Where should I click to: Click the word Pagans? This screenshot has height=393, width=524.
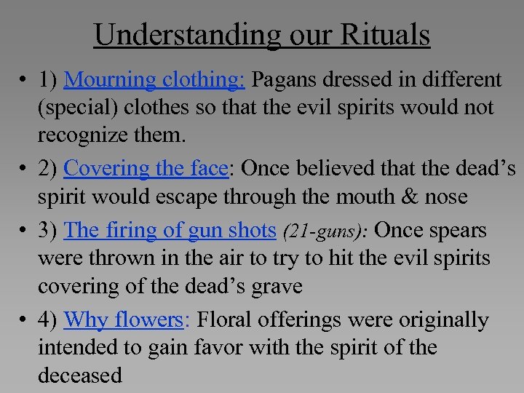(287, 79)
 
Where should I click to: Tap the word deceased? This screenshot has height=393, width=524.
(80, 376)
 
